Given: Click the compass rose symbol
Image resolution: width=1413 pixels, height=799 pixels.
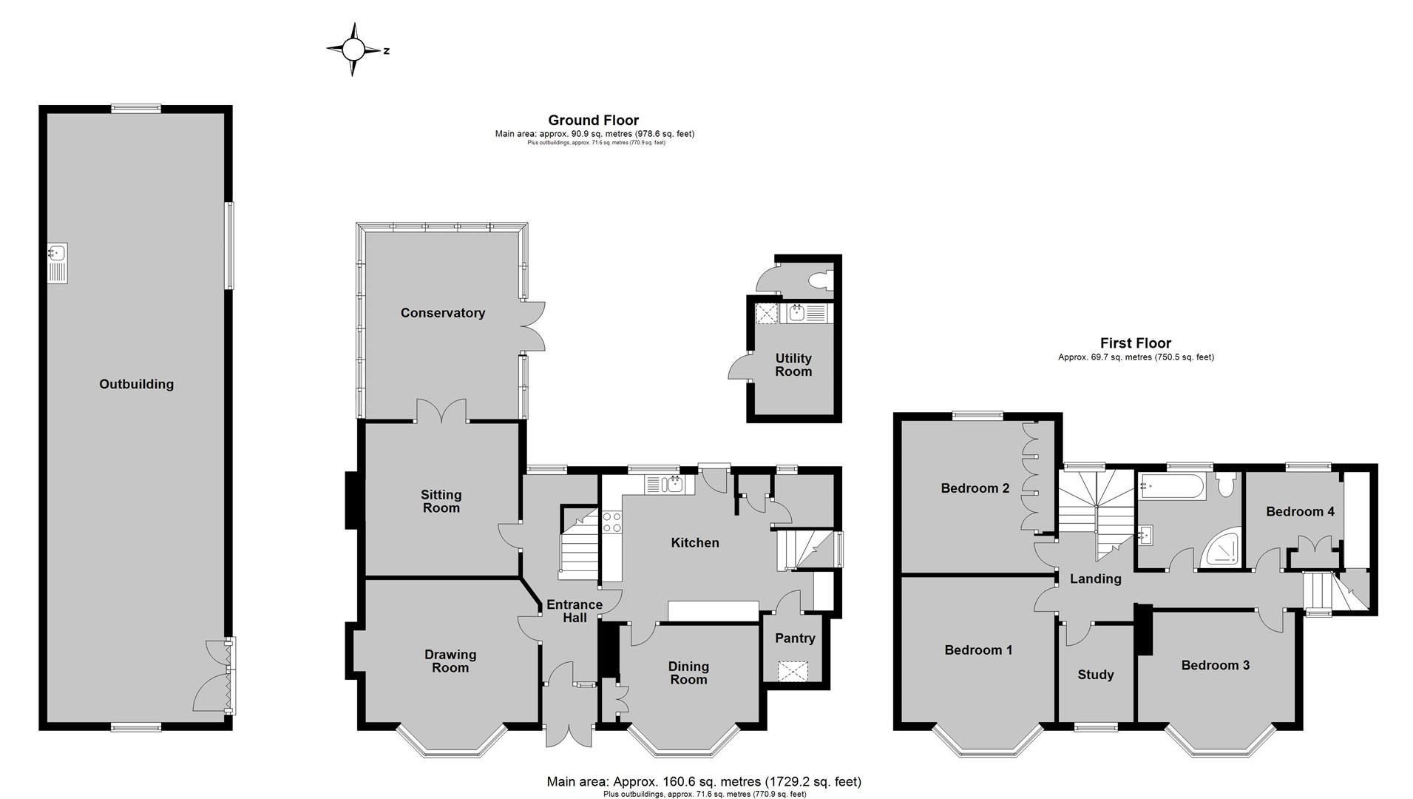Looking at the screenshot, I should (x=353, y=50).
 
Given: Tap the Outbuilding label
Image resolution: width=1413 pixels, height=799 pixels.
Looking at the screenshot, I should (x=137, y=384).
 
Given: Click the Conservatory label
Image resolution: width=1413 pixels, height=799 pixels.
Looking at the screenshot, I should (x=442, y=313).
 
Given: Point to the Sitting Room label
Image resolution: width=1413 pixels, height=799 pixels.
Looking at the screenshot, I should (x=441, y=501).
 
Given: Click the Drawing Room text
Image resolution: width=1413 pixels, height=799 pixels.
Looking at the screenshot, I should (x=450, y=661).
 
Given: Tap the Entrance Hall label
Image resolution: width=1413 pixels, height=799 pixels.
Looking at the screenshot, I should (x=575, y=610).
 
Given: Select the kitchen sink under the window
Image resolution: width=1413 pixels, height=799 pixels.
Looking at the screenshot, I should (x=673, y=485).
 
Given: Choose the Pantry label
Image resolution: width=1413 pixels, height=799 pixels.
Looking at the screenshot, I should (x=795, y=638).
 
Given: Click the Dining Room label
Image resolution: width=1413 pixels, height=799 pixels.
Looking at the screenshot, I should (x=688, y=672).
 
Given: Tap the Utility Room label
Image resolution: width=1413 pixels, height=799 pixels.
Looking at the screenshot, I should (x=793, y=365).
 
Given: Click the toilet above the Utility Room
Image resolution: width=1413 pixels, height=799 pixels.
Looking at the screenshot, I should (x=821, y=280).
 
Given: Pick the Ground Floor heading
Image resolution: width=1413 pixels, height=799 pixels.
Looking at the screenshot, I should (x=593, y=120).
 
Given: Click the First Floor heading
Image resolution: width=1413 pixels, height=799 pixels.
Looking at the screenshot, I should (x=1135, y=343).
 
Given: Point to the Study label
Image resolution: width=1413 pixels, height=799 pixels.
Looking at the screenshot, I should (x=1095, y=675).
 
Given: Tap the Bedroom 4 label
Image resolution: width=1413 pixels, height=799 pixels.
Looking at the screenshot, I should (x=1300, y=511).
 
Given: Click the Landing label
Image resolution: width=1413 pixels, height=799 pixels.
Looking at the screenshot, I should (x=1095, y=579).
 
